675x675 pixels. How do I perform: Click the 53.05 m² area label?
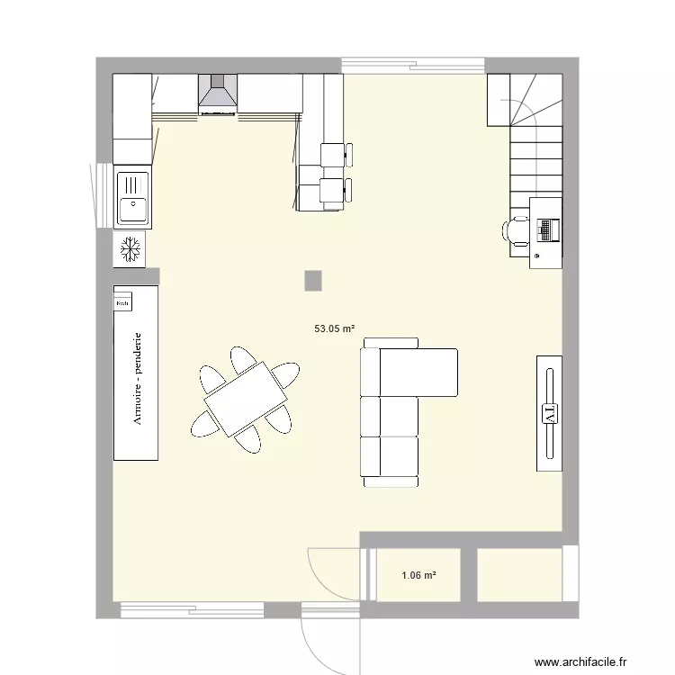334,329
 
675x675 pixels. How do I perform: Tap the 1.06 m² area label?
418,575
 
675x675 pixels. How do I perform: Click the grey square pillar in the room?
312,280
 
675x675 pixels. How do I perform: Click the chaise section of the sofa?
418,372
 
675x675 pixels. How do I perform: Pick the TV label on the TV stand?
549,413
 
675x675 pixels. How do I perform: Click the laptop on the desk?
545,229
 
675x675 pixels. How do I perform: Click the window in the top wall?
412,65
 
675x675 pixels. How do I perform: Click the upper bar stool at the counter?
334,155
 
